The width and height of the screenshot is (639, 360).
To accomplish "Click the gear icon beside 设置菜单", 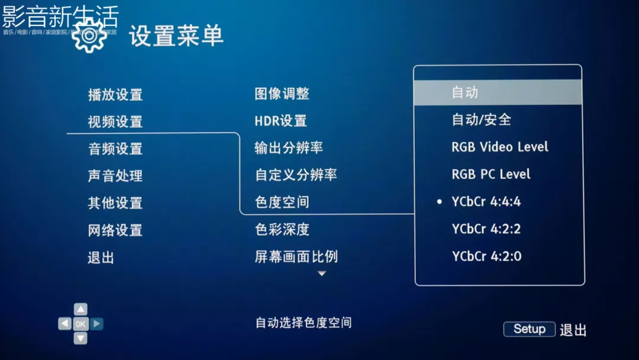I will (89, 36).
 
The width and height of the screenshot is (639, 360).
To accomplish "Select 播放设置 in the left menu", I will (115, 95).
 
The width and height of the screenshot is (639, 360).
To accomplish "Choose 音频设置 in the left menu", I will (115, 149).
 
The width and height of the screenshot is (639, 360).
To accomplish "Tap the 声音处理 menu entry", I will (115, 176).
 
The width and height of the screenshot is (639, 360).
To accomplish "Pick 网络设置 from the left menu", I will (115, 230).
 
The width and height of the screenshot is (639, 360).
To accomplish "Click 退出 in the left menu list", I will (101, 258).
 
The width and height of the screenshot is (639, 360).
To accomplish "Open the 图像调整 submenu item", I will (282, 94).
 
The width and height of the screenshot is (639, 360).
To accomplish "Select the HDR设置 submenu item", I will (280, 121).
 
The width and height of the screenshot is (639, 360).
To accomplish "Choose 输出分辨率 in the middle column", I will (289, 148).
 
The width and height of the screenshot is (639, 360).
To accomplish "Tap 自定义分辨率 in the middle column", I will (296, 175).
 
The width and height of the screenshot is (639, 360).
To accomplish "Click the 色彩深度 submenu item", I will (282, 229).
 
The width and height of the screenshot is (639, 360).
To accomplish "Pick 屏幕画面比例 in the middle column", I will (296, 256).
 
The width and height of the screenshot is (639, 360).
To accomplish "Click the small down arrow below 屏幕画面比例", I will (322, 274).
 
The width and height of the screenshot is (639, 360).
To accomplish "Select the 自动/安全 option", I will (481, 120).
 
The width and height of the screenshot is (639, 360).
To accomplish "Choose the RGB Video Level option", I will (500, 147).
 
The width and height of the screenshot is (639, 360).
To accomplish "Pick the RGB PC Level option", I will (491, 174).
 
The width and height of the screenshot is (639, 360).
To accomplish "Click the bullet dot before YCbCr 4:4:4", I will (439, 202).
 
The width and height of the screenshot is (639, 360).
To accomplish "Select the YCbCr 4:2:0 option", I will (487, 256).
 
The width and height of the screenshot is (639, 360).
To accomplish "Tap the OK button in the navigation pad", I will (80, 324).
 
